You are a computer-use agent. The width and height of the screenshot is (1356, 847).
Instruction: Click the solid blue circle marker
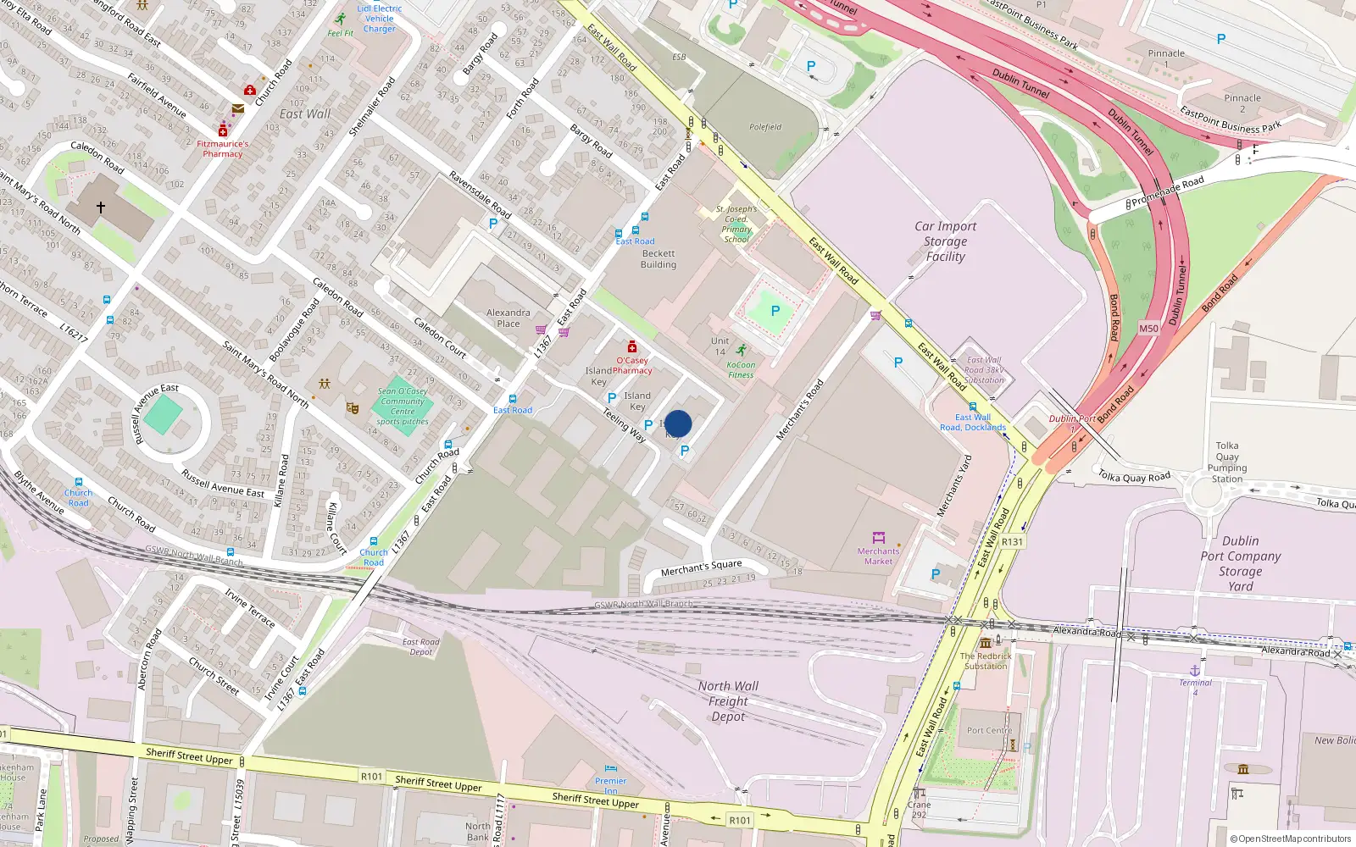pyautogui.click(x=678, y=423)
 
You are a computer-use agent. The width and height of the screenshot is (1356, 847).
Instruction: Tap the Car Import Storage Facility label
pyautogui.click(x=945, y=241)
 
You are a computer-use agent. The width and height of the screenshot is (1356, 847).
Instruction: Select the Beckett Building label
pyautogui.click(x=659, y=259)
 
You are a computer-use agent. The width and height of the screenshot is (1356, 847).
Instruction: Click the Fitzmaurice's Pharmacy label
pyautogui.click(x=223, y=149)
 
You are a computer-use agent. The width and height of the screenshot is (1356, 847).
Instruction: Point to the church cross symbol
pyautogui.click(x=101, y=207)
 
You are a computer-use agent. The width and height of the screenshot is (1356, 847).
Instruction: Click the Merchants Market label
pyautogui.click(x=878, y=556)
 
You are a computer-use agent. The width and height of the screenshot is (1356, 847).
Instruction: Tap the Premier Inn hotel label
pyautogui.click(x=610, y=785)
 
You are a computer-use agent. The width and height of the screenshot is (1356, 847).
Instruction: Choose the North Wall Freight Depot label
pyautogui.click(x=728, y=701)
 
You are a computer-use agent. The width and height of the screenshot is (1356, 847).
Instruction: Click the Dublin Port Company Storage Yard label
pyautogui.click(x=1240, y=563)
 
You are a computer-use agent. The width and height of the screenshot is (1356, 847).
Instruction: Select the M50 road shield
pyautogui.click(x=1148, y=329)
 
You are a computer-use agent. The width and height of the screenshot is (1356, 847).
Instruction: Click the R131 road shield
pyautogui.click(x=1012, y=542)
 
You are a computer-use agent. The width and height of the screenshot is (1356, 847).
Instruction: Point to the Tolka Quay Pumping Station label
pyautogui.click(x=1227, y=462)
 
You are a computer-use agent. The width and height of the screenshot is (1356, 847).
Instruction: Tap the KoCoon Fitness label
pyautogui.click(x=741, y=370)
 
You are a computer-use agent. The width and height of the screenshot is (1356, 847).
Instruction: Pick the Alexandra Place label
pyautogui.click(x=508, y=318)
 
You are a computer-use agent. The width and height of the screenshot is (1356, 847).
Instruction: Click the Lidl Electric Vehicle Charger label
pyautogui.click(x=379, y=19)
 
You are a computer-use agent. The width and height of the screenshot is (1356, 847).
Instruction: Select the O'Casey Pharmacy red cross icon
pyautogui.click(x=631, y=346)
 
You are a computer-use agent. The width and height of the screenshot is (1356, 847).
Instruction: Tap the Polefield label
pyautogui.click(x=765, y=127)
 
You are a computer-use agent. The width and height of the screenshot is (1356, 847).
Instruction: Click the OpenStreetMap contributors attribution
pyautogui.click(x=1291, y=839)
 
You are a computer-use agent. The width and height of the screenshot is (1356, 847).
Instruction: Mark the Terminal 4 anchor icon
pyautogui.click(x=1195, y=670)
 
